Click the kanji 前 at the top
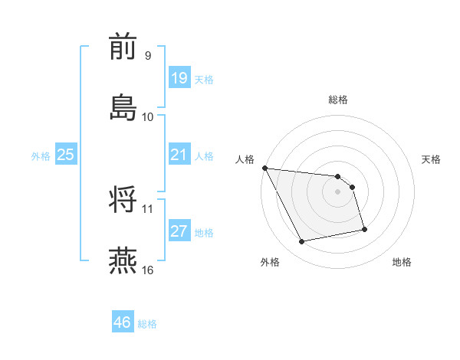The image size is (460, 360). [123, 48]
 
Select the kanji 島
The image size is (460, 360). [123, 108]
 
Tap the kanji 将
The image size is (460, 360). [123, 200]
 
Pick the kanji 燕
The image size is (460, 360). [123, 260]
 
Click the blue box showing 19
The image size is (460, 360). [179, 77]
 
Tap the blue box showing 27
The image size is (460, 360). [179, 231]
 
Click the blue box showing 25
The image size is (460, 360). [66, 155]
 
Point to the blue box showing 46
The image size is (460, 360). [123, 322]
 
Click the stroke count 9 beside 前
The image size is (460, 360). [147, 56]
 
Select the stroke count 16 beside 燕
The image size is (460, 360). [148, 269]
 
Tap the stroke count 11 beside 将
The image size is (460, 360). [147, 208]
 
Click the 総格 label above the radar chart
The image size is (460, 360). [338, 100]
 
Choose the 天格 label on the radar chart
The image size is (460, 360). [431, 159]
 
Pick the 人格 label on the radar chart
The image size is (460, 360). [245, 159]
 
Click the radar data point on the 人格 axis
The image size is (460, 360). [264, 168]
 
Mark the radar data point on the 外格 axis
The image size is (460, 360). [302, 242]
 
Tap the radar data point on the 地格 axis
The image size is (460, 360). [364, 228]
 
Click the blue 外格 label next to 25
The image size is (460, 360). [41, 155]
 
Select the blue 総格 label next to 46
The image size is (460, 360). [147, 323]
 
